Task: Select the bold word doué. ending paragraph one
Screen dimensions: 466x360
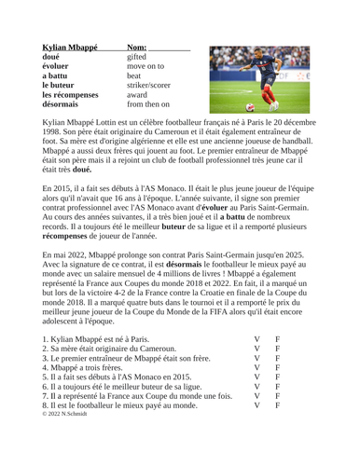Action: coord(76,198)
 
